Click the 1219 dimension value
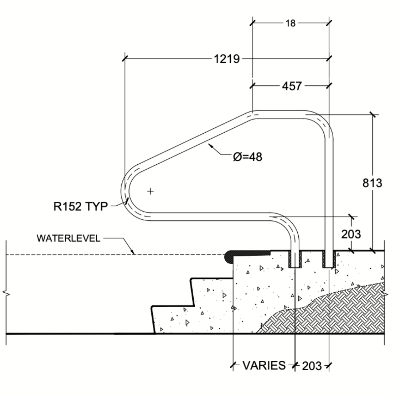coord(227,59)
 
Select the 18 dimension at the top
coord(290,23)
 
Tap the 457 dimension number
coord(292,86)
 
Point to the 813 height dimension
coord(372,183)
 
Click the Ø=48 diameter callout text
coord(247,156)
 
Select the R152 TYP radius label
coord(81,207)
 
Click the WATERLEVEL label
coord(68,238)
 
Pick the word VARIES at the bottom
coord(264,365)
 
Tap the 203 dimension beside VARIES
coord(312,366)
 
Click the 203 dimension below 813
coord(351,234)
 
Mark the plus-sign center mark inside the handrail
coord(150,191)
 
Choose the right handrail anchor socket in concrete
coord(329,259)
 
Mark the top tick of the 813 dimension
coord(373,115)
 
